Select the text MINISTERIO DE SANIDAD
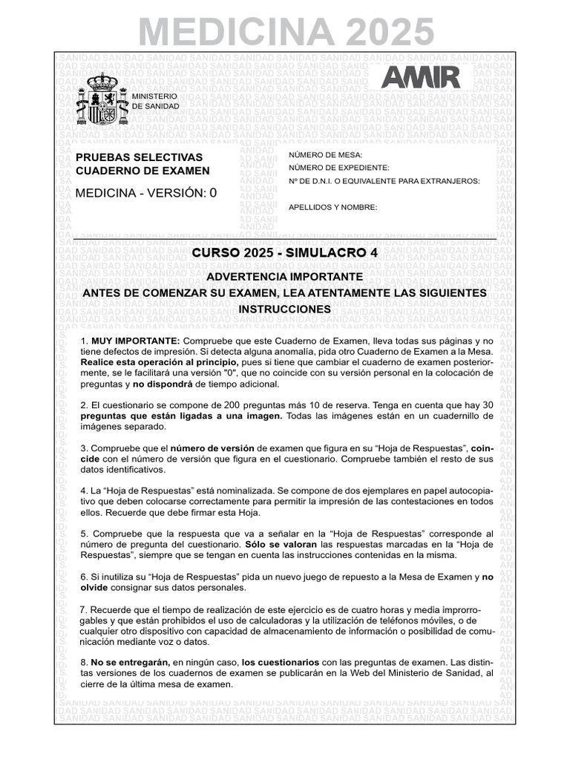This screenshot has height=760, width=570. click(154, 102)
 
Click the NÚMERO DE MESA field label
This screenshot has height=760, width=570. click(325, 154)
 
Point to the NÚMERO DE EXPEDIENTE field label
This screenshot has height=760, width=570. click(338, 168)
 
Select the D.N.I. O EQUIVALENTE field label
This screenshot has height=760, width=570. click(384, 181)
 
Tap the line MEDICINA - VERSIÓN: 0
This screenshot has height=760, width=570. click(146, 193)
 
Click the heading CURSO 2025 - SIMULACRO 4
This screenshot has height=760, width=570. click(285, 253)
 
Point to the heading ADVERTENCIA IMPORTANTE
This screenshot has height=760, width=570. click(284, 277)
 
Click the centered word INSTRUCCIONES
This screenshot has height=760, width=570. click(285, 308)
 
